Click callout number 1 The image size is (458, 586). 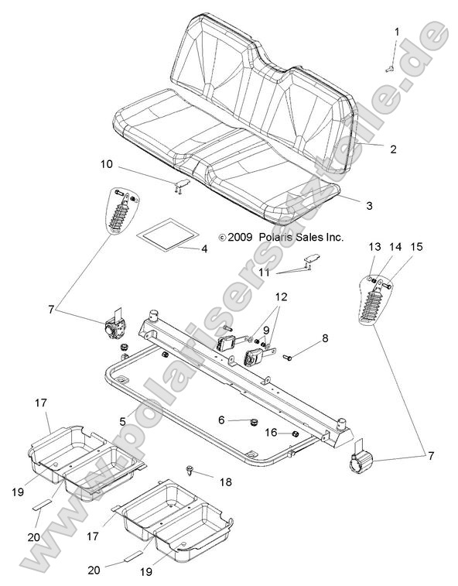pos(398,32)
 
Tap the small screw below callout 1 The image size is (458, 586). pos(390,68)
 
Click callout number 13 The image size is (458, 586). pos(374,246)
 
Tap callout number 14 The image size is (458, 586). pos(395,246)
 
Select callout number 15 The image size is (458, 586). pos(417,246)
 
